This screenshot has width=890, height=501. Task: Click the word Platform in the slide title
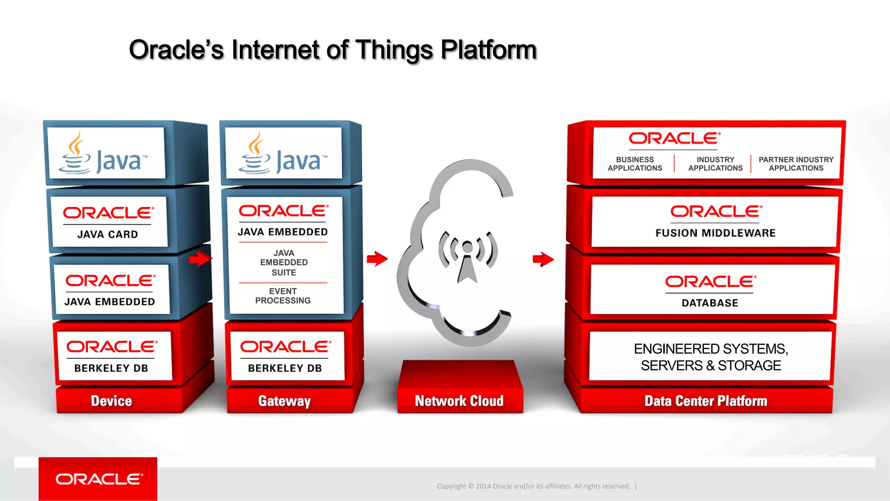pyautogui.click(x=488, y=50)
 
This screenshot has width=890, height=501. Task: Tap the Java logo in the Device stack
pyautogui.click(x=103, y=154)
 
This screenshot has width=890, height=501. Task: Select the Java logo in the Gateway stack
pyautogui.click(x=283, y=154)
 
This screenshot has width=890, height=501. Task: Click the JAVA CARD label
pyautogui.click(x=107, y=235)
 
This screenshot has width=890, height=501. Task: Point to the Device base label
pyautogui.click(x=111, y=401)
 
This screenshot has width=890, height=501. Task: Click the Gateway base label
pyautogui.click(x=284, y=401)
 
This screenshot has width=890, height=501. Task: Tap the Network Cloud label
pyautogui.click(x=459, y=401)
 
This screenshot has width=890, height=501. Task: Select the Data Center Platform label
pyautogui.click(x=705, y=401)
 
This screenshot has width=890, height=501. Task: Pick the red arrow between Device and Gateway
pyautogui.click(x=200, y=259)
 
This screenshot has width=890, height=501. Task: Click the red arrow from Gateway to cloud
pyautogui.click(x=377, y=259)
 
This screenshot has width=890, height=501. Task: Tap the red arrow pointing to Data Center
pyautogui.click(x=543, y=259)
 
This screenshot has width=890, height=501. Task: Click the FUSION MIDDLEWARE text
pyautogui.click(x=715, y=233)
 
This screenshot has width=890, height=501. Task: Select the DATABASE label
pyautogui.click(x=710, y=303)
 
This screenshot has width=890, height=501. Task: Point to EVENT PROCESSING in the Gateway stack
pyautogui.click(x=283, y=296)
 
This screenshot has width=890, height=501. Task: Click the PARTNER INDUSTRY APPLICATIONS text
pyautogui.click(x=796, y=164)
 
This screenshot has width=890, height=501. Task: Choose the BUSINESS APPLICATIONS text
pyautogui.click(x=634, y=164)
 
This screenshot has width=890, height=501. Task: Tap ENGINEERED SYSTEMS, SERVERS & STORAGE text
pyautogui.click(x=711, y=357)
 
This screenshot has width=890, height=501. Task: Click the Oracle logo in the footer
pyautogui.click(x=98, y=479)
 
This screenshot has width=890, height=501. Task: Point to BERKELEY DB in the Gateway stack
pyautogui.click(x=285, y=368)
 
